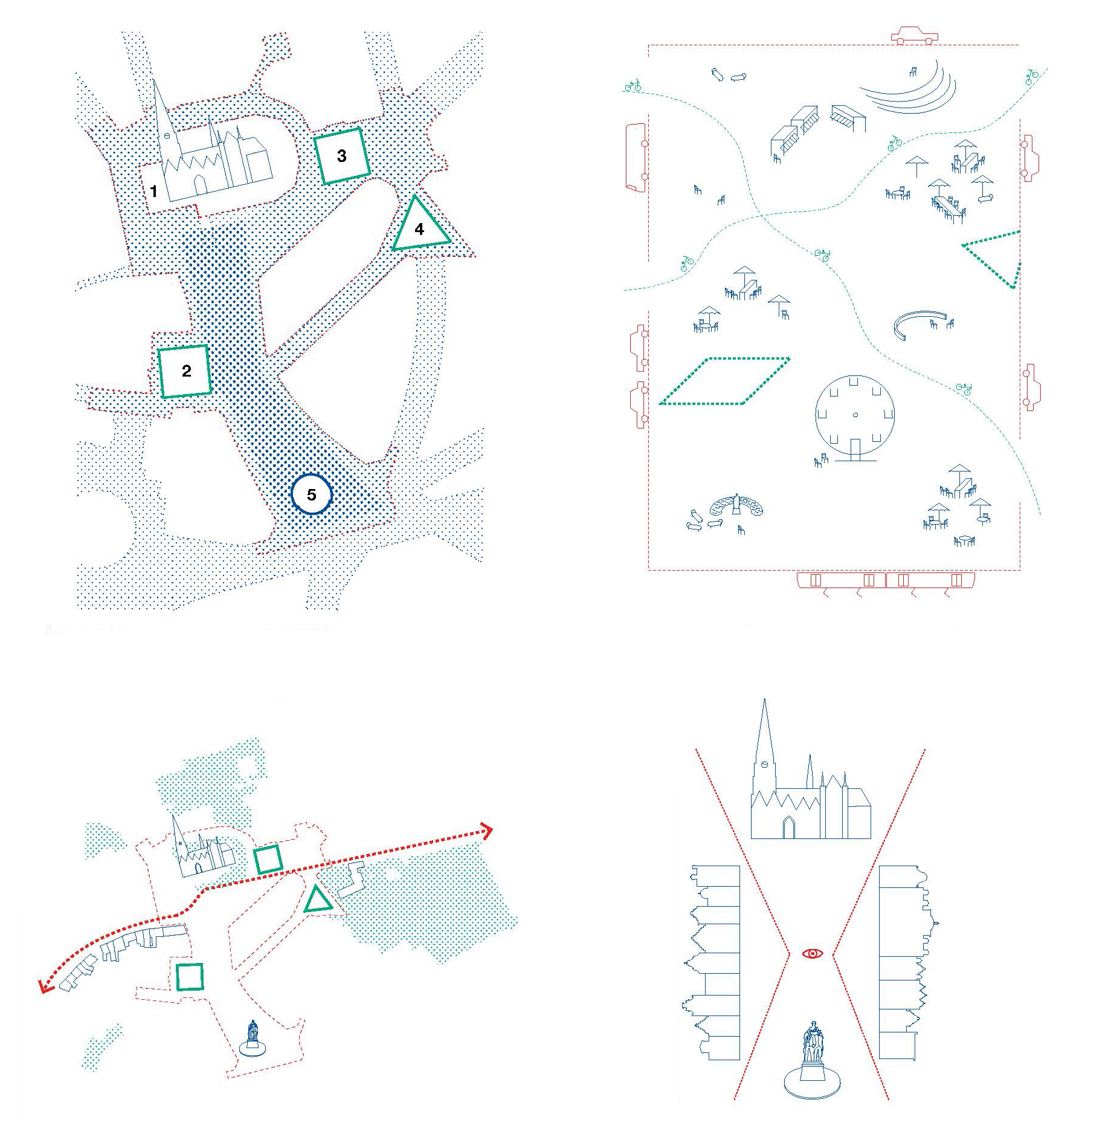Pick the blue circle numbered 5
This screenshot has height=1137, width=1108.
coord(292,494)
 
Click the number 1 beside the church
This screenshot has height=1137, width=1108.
coord(153,192)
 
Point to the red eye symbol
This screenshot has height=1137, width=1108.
coord(813,953)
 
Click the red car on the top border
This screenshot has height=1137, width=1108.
coord(915,35)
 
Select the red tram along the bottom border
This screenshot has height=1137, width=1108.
coord(886,581)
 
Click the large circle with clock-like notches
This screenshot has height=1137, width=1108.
coord(816,415)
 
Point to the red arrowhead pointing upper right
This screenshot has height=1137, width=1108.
coord(486,831)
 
